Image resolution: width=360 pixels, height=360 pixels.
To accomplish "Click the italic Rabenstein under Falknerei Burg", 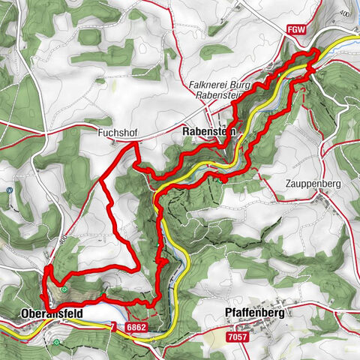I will click(220, 95).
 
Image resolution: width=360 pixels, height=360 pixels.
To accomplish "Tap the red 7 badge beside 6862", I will click(113, 327).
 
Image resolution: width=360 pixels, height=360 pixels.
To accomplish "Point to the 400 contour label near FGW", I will click(344, 13).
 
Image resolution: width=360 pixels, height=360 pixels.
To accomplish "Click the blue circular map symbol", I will click(9, 190).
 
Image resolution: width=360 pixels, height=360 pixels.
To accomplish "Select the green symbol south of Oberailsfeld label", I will click(57, 343).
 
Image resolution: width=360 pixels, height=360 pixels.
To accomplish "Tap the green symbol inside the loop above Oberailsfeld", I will click(65, 289).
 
